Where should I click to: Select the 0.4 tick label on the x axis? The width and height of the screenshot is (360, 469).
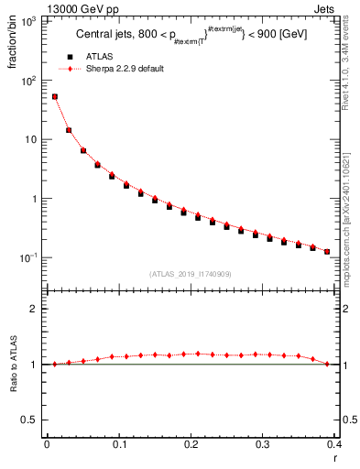pos(335,444)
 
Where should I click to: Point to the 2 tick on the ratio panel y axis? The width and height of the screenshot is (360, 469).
pos(37,309)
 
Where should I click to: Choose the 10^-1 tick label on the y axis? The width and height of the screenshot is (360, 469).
pos(30,257)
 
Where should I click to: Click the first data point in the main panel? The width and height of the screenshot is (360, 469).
pos(54,96)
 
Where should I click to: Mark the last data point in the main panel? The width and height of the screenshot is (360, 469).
pos(328,251)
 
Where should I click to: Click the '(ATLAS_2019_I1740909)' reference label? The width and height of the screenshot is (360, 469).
pos(190,274)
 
